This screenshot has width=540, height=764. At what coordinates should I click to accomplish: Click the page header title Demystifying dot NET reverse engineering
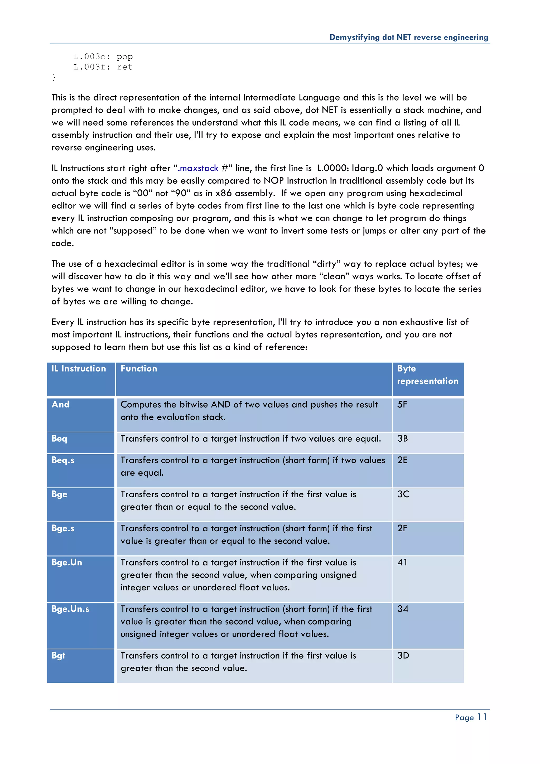409,37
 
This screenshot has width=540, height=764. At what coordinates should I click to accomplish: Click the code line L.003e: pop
103,56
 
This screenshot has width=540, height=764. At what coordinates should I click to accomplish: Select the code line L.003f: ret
103,67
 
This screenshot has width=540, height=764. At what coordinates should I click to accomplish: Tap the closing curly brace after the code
54,77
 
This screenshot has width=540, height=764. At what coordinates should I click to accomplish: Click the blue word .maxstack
198,168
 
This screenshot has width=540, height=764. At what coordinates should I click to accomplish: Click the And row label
61,404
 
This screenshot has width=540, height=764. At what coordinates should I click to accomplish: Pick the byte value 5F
402,404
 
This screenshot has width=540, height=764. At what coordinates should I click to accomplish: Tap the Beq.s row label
63,460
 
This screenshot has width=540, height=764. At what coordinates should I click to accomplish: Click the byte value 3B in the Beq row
402,438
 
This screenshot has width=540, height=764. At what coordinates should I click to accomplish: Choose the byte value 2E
402,460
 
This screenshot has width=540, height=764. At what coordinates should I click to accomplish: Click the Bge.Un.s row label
70,609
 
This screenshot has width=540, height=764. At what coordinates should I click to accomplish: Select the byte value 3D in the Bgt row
403,655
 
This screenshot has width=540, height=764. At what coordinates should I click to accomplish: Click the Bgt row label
58,655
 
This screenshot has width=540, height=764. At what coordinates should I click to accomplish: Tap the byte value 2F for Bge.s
402,528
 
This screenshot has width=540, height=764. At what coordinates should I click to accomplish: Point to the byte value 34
403,609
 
